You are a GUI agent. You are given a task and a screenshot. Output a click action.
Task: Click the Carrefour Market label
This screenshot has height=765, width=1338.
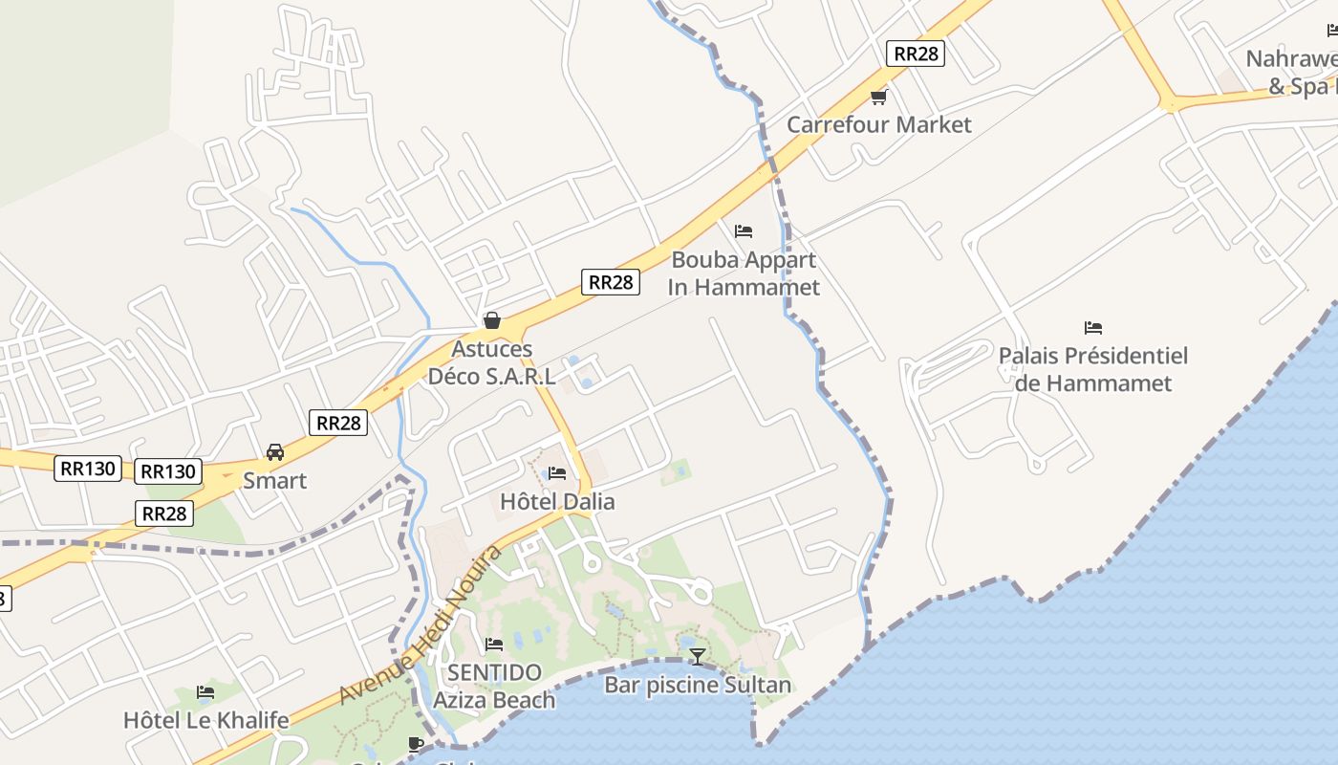pyautogui.click(x=878, y=124)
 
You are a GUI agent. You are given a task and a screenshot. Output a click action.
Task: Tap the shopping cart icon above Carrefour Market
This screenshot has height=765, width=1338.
pyautogui.click(x=878, y=97)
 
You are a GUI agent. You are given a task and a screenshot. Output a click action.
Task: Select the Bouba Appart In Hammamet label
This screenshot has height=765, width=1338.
pyautogui.click(x=744, y=273)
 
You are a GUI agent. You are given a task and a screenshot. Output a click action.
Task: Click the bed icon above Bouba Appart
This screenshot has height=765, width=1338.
pyautogui.click(x=744, y=231)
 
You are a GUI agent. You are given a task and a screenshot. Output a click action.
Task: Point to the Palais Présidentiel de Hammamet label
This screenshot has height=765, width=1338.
pyautogui.click(x=1093, y=369)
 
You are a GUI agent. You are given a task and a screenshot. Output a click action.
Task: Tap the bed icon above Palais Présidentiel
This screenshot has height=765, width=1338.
pyautogui.click(x=1093, y=328)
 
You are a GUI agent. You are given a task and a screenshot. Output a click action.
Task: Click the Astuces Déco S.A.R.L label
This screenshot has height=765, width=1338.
pyautogui.click(x=491, y=362)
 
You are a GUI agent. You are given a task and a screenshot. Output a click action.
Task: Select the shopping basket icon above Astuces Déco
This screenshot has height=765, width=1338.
pyautogui.click(x=491, y=320)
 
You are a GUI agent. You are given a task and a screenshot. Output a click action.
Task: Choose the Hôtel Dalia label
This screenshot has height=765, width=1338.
pyautogui.click(x=557, y=501)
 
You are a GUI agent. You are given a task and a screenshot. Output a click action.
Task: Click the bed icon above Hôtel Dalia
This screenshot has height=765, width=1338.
pyautogui.click(x=557, y=473)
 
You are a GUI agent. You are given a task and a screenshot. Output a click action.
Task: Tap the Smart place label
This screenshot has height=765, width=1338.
pyautogui.click(x=275, y=480)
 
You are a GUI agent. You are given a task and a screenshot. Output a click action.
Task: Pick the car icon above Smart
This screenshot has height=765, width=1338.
pyautogui.click(x=275, y=452)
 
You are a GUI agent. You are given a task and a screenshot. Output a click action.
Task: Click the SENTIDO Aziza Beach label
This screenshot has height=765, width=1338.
pyautogui.click(x=494, y=686)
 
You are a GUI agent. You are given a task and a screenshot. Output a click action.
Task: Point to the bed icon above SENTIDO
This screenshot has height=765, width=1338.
pyautogui.click(x=494, y=645)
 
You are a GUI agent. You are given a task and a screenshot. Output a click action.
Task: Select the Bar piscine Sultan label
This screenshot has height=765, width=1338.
pyautogui.click(x=698, y=685)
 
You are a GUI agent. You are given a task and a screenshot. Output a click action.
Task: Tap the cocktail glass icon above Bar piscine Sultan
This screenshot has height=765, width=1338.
pyautogui.click(x=698, y=656)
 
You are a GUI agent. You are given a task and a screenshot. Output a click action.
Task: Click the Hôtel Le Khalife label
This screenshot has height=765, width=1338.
pyautogui.click(x=205, y=720)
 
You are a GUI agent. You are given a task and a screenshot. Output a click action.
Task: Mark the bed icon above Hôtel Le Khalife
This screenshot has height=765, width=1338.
pyautogui.click(x=205, y=692)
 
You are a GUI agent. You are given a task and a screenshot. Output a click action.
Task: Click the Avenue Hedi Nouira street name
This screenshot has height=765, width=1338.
pyautogui.click(x=421, y=624)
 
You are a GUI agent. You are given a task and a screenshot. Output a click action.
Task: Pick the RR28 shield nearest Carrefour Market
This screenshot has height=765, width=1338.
pyautogui.click(x=915, y=54)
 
